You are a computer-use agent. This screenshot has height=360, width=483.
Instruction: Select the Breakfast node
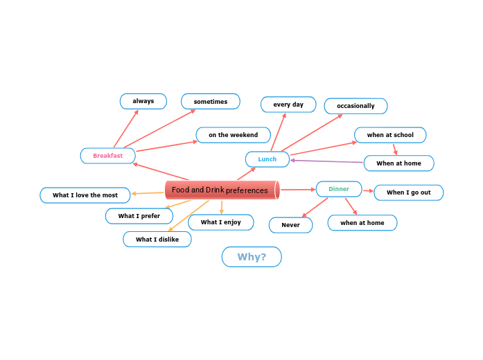107,156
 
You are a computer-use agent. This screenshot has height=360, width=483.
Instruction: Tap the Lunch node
267,159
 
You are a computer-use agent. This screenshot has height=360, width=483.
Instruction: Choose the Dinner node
339,189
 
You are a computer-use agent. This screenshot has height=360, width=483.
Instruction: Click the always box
143,101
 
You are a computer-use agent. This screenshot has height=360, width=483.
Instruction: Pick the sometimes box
211,101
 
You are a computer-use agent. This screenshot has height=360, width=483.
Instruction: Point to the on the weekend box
233,135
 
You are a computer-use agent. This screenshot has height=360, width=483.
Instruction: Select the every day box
288,105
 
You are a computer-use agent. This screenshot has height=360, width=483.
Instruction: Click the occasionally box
355,106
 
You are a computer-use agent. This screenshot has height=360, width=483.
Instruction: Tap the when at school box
390,135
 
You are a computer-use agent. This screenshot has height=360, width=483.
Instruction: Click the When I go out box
408,192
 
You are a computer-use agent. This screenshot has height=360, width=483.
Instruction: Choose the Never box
290,225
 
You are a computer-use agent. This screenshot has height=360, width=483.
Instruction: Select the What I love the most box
85,195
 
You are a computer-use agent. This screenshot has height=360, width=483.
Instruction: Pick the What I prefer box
139,216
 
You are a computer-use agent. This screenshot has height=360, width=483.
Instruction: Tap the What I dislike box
157,240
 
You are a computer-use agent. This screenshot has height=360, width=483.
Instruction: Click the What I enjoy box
221,222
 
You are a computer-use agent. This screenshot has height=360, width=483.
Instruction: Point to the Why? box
252,257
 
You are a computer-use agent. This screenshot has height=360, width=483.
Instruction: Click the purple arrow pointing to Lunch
326,162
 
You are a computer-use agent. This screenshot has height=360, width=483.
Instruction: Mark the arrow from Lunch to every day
278,132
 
